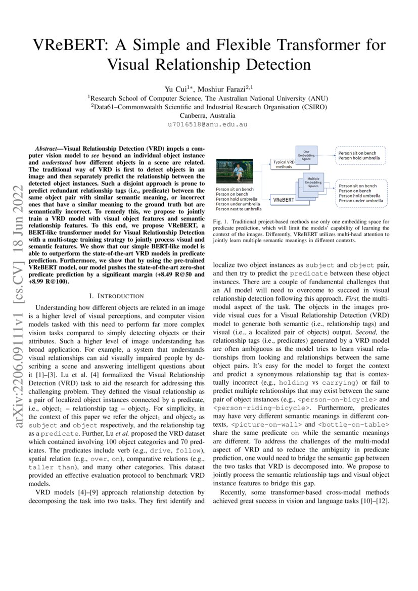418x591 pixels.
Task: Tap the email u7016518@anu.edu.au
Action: click(x=209, y=124)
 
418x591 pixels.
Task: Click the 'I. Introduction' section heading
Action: click(x=116, y=295)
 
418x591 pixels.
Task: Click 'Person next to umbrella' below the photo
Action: click(x=239, y=208)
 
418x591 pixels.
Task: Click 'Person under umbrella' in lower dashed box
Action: click(x=360, y=201)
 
